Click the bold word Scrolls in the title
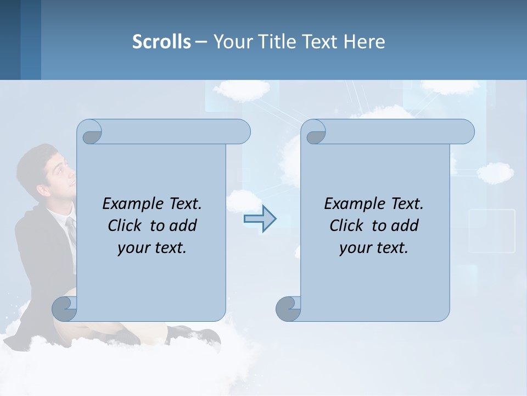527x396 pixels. (161, 42)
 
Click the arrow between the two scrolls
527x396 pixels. (260, 219)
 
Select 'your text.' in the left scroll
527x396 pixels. (152, 248)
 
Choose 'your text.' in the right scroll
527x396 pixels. (374, 248)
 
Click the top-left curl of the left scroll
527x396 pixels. (90, 133)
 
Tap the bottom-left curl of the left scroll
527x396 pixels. (64, 309)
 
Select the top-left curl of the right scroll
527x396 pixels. (315, 133)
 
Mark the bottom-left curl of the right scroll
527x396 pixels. (288, 309)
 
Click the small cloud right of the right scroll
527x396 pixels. (495, 172)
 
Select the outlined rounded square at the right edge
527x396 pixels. (492, 231)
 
